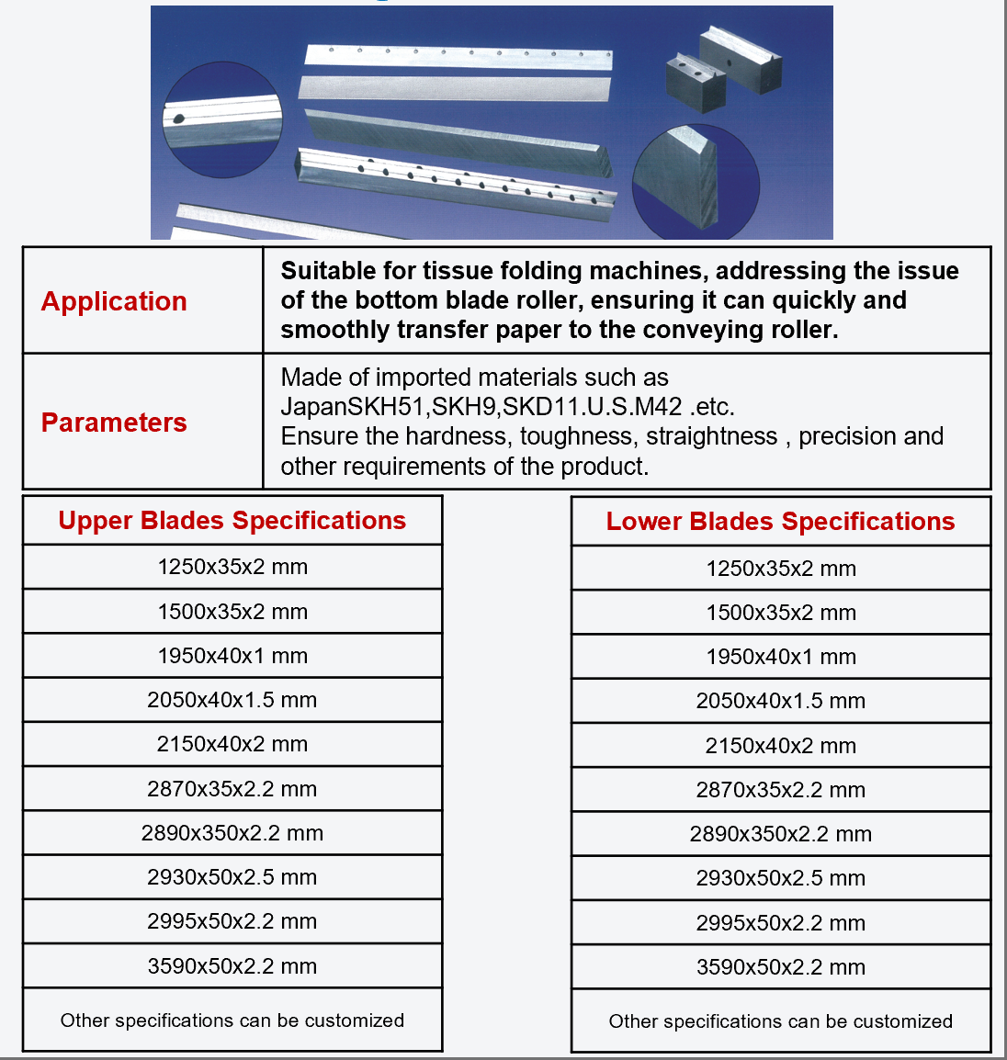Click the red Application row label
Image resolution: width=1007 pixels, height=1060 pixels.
pyautogui.click(x=114, y=301)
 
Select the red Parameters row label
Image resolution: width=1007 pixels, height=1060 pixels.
pyautogui.click(x=114, y=423)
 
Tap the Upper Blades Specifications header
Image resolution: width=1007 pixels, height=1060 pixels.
pyautogui.click(x=232, y=521)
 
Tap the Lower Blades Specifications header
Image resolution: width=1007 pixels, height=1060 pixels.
pyautogui.click(x=780, y=522)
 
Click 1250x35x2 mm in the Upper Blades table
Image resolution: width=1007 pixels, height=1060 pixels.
pyautogui.click(x=232, y=567)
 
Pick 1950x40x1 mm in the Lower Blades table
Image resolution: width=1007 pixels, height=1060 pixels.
pyautogui.click(x=781, y=657)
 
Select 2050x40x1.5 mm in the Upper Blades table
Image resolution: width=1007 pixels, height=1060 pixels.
pyautogui.click(x=232, y=700)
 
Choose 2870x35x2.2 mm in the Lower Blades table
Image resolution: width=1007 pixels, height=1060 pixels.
pyautogui.click(x=781, y=790)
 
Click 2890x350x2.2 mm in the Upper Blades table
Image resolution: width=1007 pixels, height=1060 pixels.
pyautogui.click(x=232, y=833)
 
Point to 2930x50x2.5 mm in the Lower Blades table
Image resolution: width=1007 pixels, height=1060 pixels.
pyautogui.click(x=781, y=878)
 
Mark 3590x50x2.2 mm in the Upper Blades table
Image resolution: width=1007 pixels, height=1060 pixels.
pyautogui.click(x=232, y=966)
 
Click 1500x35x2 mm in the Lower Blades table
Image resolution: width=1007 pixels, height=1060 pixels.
pyautogui.click(x=781, y=613)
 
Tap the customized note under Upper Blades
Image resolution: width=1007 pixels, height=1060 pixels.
pyautogui.click(x=232, y=1021)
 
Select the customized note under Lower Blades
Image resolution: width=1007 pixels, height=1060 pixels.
pyautogui.click(x=781, y=1021)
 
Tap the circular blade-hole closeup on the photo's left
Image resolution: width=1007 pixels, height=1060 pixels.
pyautogui.click(x=222, y=120)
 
